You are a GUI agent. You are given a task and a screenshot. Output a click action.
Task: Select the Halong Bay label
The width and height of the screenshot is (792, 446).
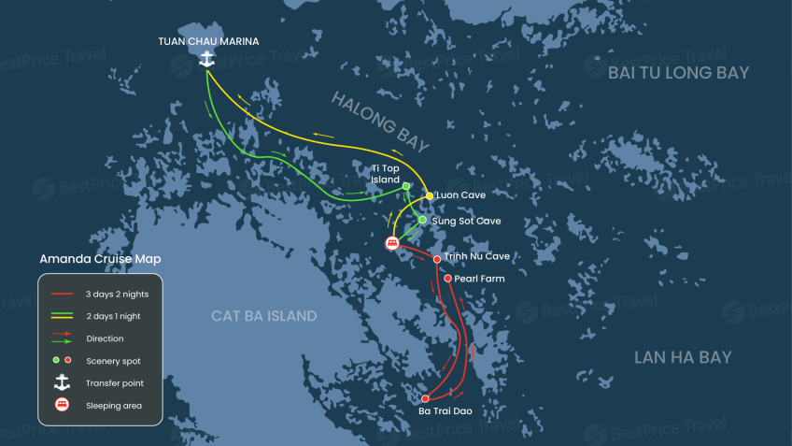point(379,121)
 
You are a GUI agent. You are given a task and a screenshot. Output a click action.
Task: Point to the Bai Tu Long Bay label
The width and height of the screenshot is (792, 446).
point(678,73)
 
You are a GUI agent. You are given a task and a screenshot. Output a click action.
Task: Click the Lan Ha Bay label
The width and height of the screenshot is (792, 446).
point(682,357)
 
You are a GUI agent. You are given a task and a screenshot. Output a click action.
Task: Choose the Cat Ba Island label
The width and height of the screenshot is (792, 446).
point(264,316)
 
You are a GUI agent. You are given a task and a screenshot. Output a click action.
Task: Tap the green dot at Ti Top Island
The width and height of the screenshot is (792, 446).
point(406,186)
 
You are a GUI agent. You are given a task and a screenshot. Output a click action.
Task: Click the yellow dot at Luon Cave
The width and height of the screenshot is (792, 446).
point(430,195)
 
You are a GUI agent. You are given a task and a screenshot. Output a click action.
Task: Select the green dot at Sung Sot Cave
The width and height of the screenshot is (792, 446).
point(422,221)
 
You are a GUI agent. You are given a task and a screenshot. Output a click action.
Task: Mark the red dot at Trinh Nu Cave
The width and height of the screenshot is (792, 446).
point(437,259)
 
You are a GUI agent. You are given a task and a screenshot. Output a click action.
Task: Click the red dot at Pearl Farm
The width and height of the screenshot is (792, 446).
point(448,279)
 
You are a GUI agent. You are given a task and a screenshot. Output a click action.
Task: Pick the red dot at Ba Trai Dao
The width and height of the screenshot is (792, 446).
point(425,398)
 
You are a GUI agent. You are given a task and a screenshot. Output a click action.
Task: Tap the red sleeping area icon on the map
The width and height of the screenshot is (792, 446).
point(392,243)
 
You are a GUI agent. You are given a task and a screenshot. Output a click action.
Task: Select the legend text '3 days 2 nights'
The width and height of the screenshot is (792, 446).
point(117,294)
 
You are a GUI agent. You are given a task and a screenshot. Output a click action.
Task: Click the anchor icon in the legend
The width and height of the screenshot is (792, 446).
point(62,382)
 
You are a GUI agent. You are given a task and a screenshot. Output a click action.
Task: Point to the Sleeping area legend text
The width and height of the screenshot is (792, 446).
point(115,406)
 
